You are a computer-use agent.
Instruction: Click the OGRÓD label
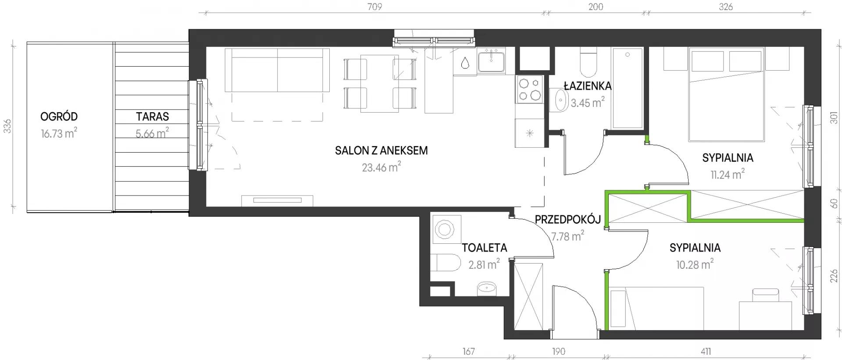point(59,117)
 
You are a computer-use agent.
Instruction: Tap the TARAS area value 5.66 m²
point(152,133)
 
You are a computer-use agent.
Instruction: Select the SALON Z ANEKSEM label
point(381,150)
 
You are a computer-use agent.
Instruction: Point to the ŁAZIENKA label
point(588,86)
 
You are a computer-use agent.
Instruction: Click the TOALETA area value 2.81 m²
point(484,264)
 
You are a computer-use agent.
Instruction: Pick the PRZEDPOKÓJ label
point(567,219)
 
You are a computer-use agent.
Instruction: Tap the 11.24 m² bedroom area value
point(728,175)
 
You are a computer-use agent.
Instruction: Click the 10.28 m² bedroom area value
point(695,264)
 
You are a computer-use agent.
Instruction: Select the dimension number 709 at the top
point(375,7)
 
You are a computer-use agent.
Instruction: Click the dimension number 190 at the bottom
point(559,351)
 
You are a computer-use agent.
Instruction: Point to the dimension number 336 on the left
point(7,126)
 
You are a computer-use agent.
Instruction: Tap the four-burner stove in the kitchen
point(530,89)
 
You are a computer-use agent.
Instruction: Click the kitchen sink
point(491,61)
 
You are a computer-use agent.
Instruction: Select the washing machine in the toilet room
point(445,229)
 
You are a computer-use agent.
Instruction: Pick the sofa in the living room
point(277,70)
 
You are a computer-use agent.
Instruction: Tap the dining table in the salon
point(380,83)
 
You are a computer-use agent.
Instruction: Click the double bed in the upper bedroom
point(727,94)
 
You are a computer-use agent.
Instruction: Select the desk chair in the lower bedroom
point(766,295)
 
